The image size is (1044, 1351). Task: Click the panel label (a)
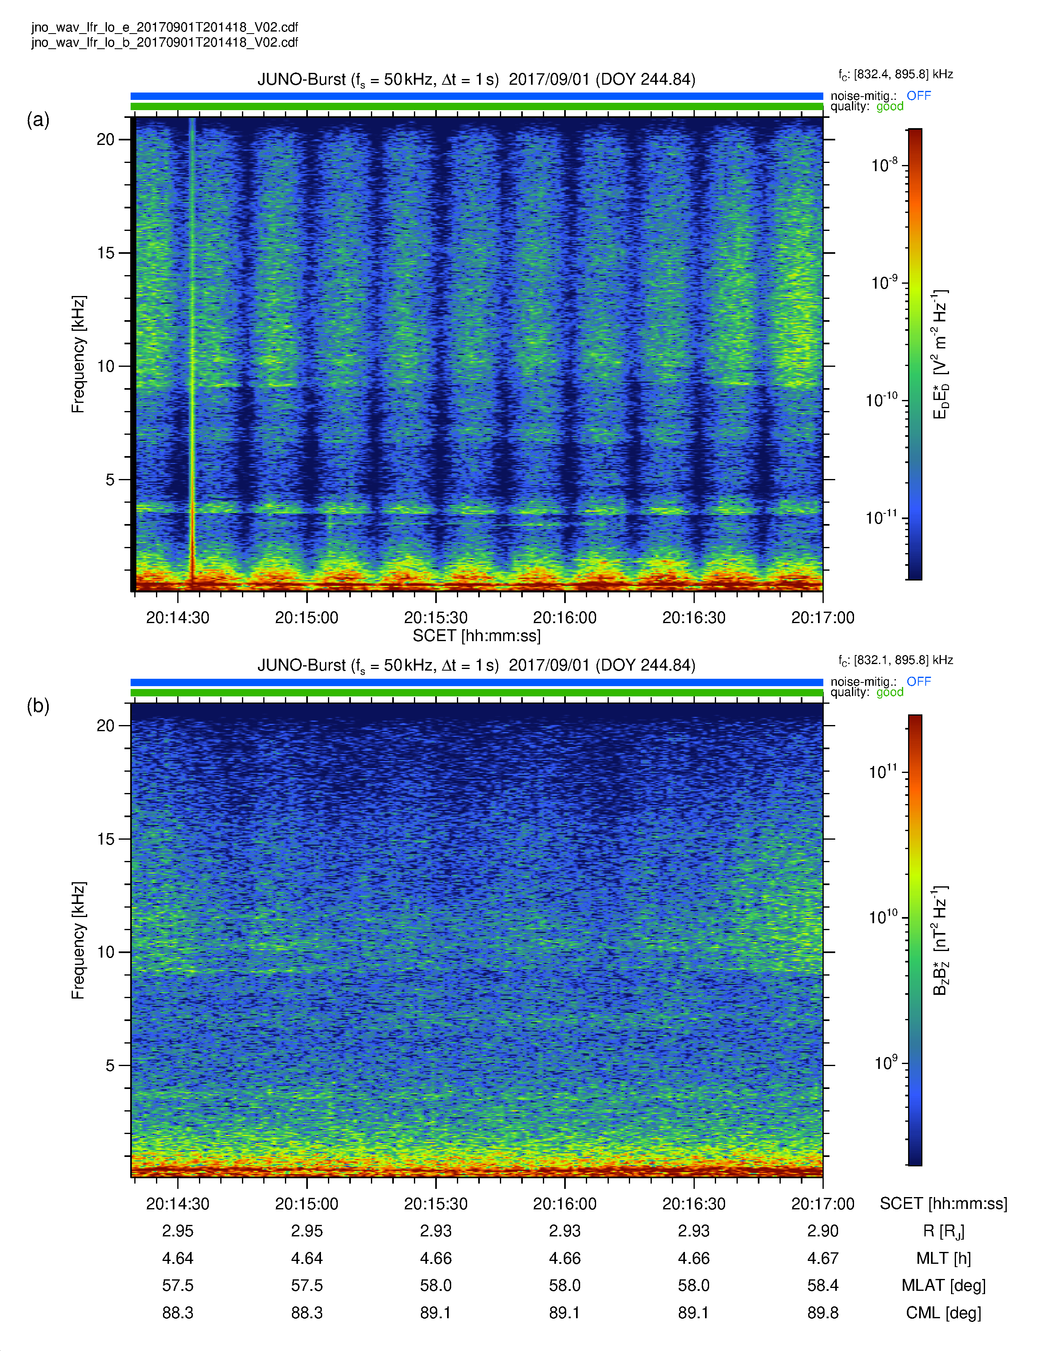coord(38,120)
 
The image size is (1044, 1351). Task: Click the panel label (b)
coord(38,705)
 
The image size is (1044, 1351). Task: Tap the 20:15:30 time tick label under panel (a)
coord(436,617)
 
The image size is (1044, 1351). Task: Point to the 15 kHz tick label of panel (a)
coord(106,252)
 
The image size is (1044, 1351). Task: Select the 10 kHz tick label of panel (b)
coord(106,952)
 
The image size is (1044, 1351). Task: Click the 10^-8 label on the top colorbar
coord(884,165)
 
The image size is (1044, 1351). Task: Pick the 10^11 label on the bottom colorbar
coord(883,771)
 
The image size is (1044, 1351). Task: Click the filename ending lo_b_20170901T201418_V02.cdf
coord(165,42)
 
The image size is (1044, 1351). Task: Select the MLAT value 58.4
coord(823,1285)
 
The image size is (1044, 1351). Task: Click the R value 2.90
coord(823,1231)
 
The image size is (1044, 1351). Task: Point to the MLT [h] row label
coord(943,1259)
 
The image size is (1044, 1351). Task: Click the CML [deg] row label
coord(943,1313)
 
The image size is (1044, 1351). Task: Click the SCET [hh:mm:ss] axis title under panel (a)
coord(476,636)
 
